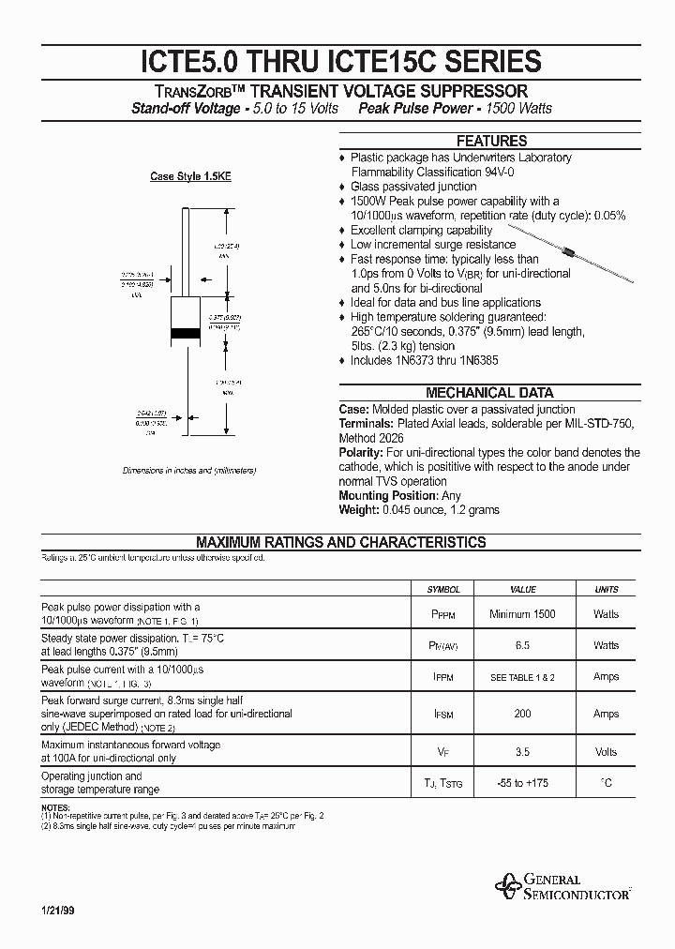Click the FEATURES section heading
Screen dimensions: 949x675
point(491,141)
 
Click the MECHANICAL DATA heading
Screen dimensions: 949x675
point(489,393)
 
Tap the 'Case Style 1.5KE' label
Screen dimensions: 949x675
point(189,176)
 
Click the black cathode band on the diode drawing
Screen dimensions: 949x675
point(185,334)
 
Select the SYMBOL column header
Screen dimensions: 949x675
point(443,590)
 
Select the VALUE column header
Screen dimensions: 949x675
point(522,590)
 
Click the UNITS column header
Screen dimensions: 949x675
point(607,590)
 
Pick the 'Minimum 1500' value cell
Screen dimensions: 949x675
point(522,614)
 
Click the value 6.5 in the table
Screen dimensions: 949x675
point(522,645)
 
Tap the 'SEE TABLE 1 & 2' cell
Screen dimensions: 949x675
point(522,677)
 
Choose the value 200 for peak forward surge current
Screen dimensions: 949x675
point(522,714)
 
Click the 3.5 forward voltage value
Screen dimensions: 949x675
point(522,752)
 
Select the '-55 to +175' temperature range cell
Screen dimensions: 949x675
point(522,782)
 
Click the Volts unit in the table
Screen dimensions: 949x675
point(607,752)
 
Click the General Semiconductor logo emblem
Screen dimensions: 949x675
point(509,885)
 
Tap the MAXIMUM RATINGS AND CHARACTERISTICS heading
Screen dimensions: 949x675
point(340,542)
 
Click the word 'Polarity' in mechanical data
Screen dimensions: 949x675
point(360,452)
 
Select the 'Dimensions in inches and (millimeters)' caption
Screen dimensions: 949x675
point(189,470)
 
